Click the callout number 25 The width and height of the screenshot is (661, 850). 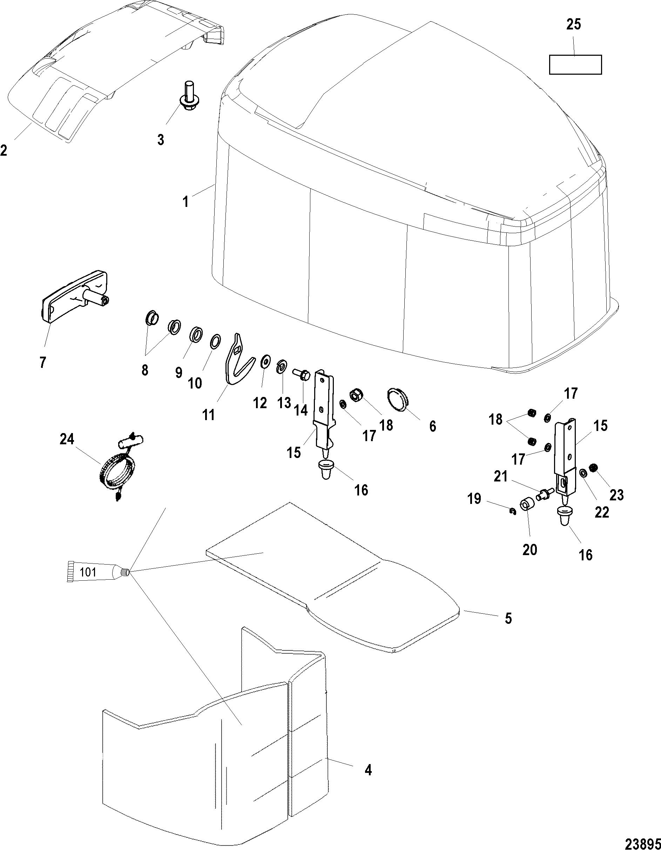point(573,25)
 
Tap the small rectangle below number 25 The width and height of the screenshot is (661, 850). point(575,64)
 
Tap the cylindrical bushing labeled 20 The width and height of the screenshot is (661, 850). point(526,507)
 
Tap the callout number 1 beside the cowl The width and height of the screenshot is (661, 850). point(186,202)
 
